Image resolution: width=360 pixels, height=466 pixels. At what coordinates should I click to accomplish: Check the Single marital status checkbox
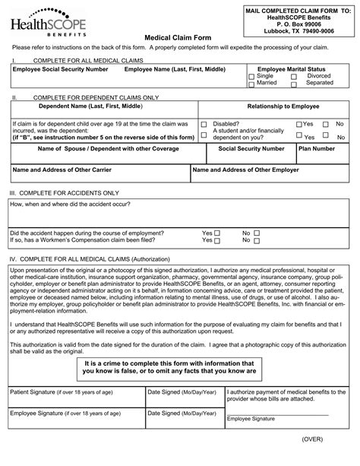251,77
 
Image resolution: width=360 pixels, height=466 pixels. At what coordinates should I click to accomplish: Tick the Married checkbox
251,84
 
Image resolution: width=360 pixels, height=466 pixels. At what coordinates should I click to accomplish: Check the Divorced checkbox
300,77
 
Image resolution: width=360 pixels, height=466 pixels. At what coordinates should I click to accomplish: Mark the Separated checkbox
300,84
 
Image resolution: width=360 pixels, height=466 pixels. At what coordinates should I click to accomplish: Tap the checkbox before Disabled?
204,124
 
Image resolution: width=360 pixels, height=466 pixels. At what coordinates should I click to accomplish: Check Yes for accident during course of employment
217,233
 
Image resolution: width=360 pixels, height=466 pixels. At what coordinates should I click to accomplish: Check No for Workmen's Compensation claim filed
257,240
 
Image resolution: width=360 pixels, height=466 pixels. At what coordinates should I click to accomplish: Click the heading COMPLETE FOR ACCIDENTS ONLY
68,194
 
